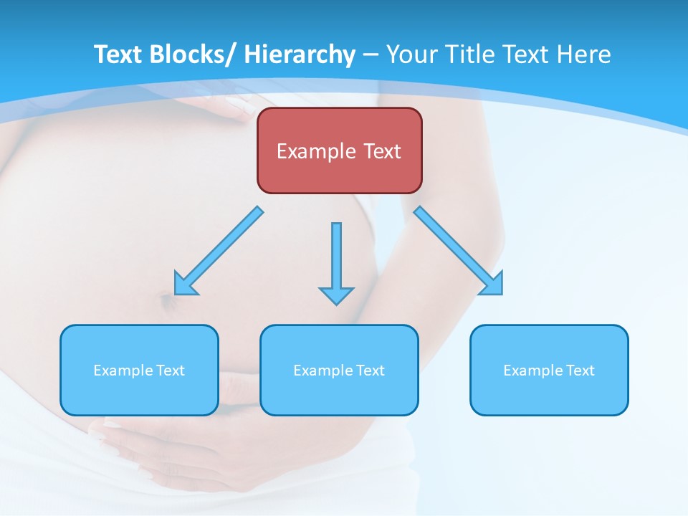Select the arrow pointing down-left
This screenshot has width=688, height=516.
[219, 251]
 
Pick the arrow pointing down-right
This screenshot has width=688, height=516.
[459, 251]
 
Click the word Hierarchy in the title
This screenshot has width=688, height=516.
[300, 54]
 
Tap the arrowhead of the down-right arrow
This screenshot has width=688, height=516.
[492, 284]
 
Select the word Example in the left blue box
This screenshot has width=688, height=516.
[123, 371]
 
